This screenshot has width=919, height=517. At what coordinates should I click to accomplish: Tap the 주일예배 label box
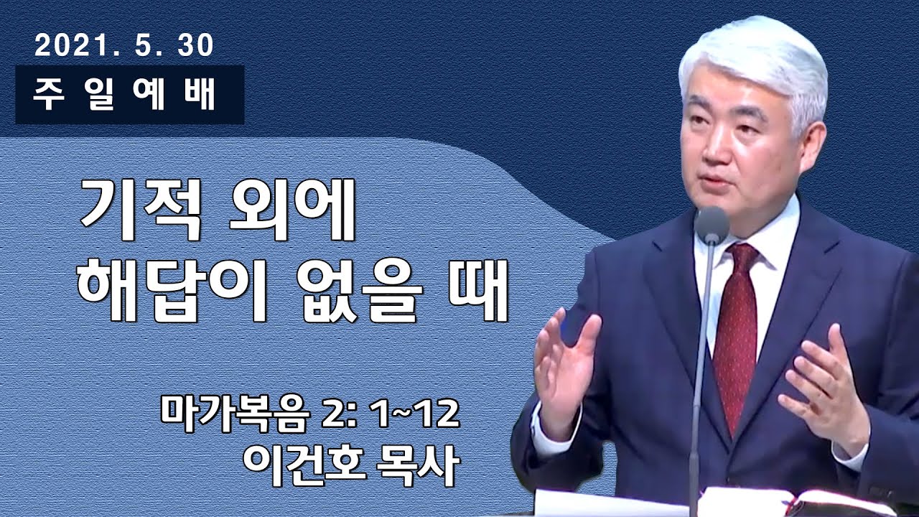point(129,95)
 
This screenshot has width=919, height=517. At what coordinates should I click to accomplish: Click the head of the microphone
point(712,225)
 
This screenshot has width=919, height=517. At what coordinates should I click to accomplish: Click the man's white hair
point(754,65)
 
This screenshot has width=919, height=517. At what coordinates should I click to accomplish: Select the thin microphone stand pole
point(699,373)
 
